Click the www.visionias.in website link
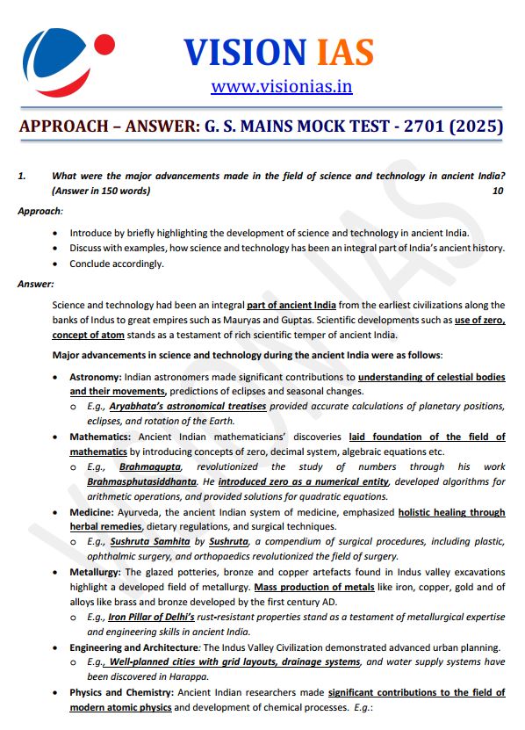click(281, 86)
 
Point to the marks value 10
click(499, 190)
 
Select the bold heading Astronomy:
click(96, 377)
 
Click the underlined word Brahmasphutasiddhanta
click(143, 481)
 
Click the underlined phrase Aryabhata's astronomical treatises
click(188, 407)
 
